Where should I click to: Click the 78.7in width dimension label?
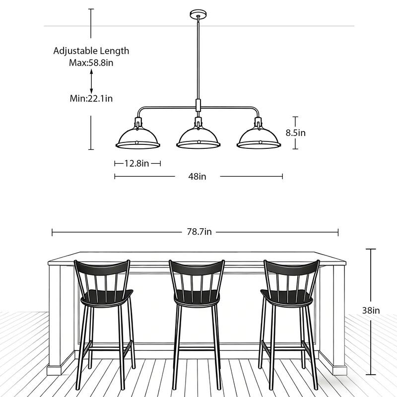click(x=199, y=232)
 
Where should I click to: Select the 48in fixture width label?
click(x=197, y=176)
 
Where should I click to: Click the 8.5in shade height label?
click(x=296, y=132)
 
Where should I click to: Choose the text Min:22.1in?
click(x=91, y=98)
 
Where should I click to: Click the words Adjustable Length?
click(x=91, y=51)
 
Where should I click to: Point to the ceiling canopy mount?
click(x=197, y=13)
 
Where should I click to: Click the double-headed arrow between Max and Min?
click(x=91, y=80)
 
